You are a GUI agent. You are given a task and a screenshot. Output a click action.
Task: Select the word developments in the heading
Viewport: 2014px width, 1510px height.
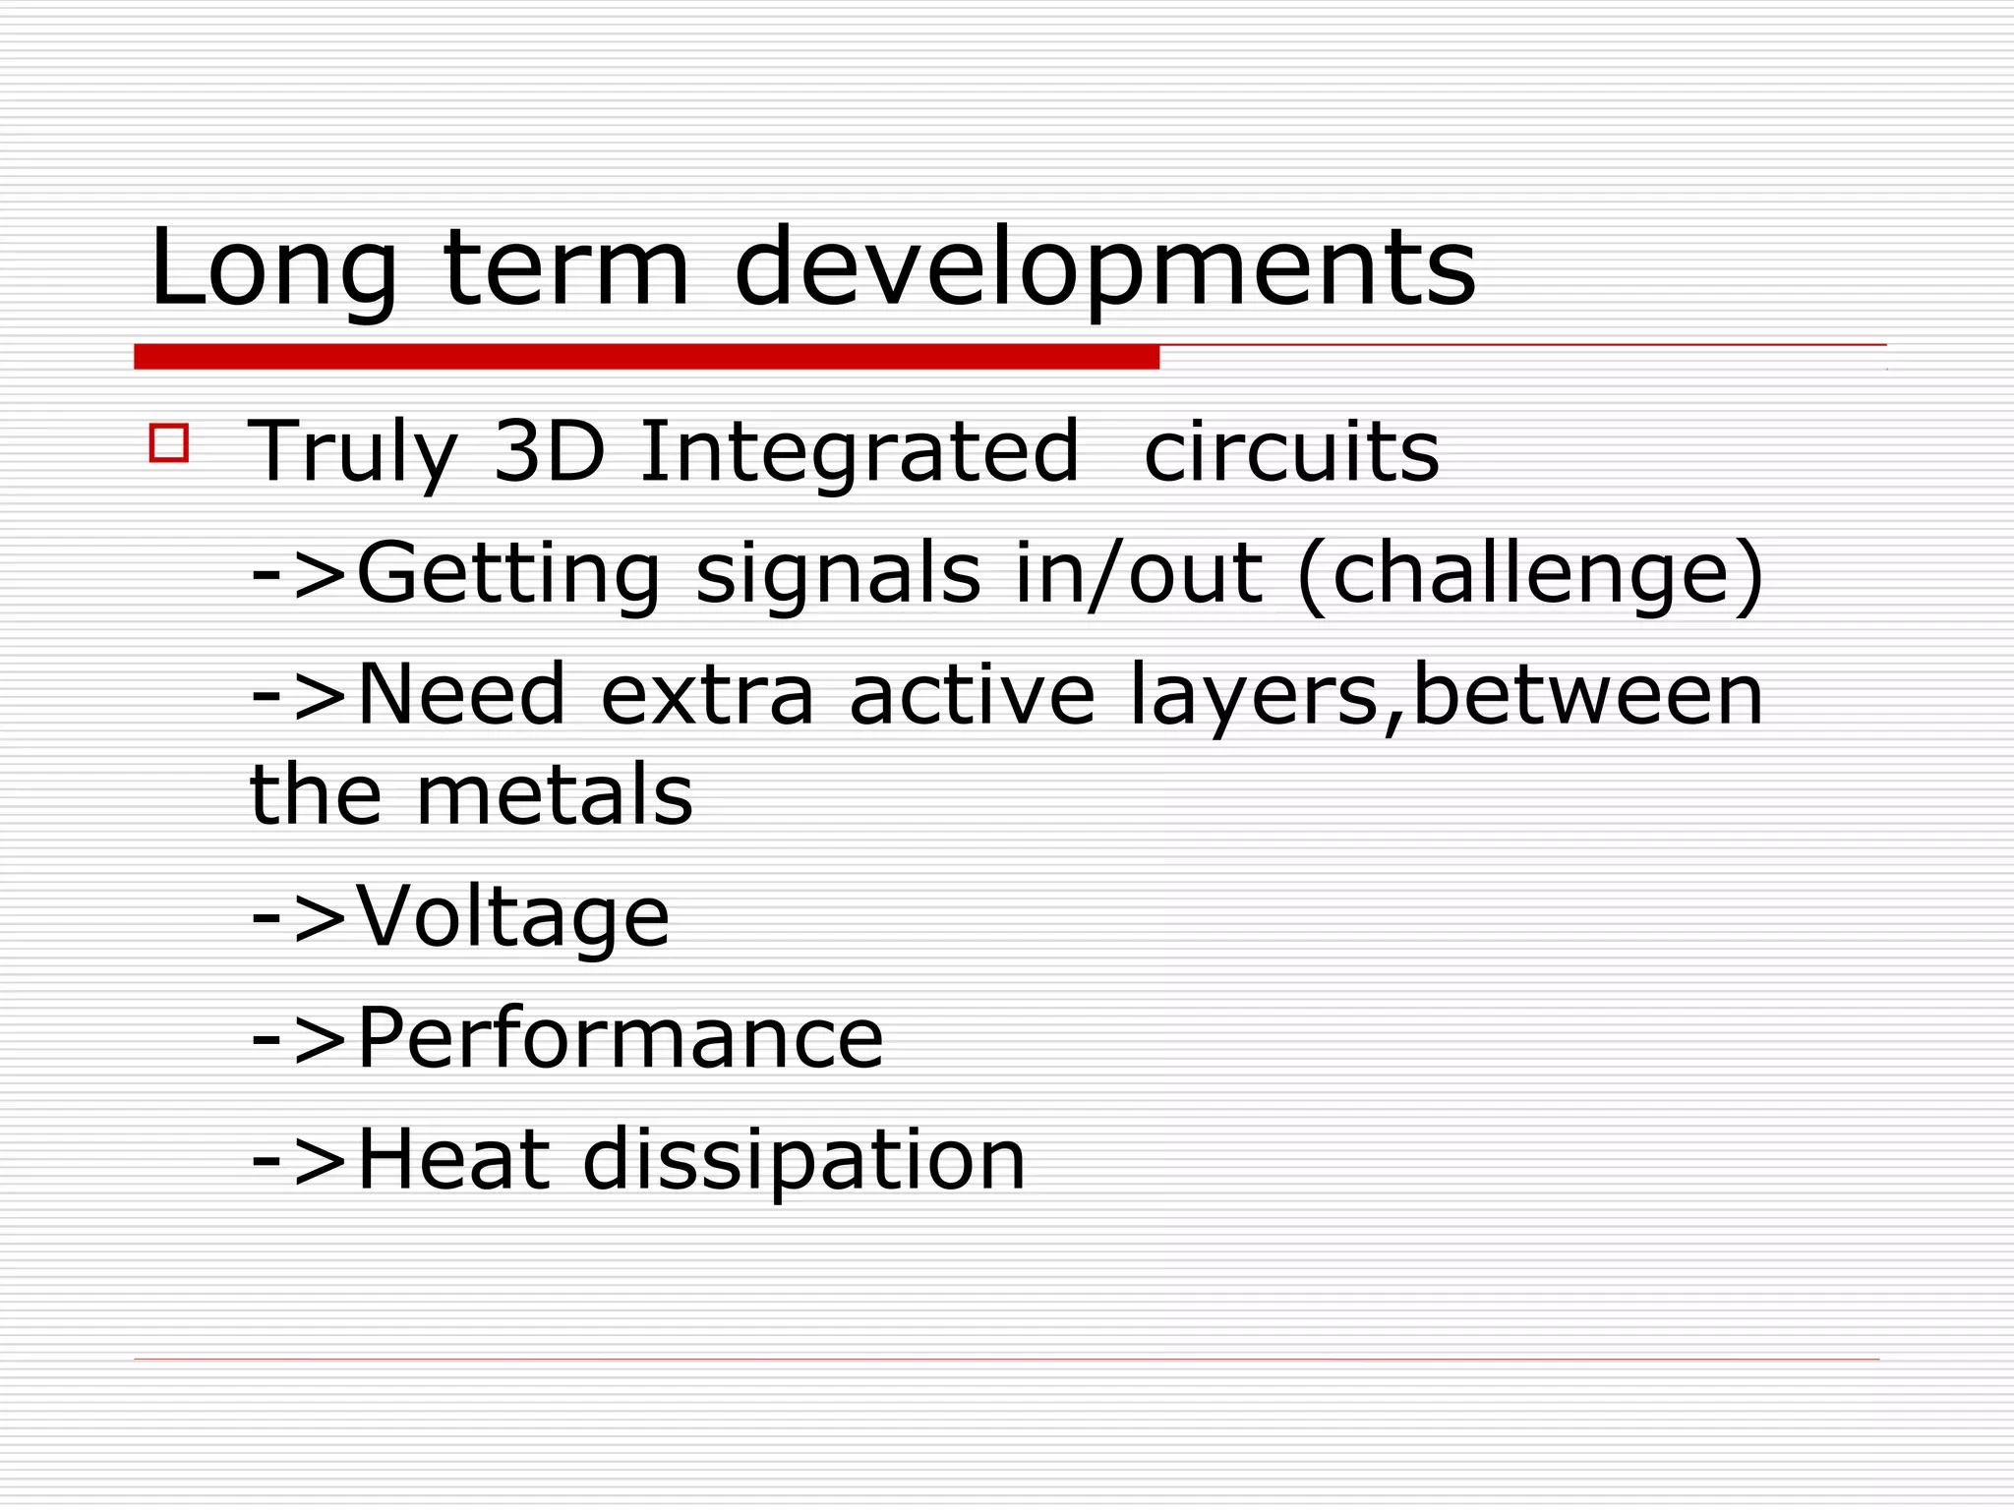click(x=1104, y=267)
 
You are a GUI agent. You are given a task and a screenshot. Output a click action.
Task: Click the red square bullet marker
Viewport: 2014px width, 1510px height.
click(x=169, y=442)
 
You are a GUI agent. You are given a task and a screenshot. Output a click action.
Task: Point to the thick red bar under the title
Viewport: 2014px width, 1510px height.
click(x=646, y=357)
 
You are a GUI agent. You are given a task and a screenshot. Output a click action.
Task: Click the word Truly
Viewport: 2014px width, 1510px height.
click(x=352, y=452)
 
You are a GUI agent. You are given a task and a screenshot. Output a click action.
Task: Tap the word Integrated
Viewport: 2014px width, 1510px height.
click(x=859, y=452)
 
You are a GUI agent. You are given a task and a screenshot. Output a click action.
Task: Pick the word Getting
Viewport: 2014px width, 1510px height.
click(x=507, y=574)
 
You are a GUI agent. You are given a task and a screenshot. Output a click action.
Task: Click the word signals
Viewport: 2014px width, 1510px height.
click(x=838, y=574)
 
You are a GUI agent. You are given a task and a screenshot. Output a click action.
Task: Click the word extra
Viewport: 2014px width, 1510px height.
click(x=707, y=694)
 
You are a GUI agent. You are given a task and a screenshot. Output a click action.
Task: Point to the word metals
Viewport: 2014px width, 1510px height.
click(x=555, y=794)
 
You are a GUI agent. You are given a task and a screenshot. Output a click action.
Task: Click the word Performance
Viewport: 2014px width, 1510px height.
click(x=620, y=1038)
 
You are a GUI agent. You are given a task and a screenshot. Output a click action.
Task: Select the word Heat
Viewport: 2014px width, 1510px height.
click(x=452, y=1160)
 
